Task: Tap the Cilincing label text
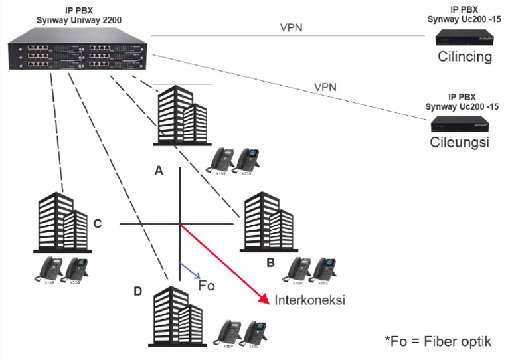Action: (464, 56)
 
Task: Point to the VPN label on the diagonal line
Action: (325, 87)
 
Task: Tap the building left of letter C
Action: (63, 221)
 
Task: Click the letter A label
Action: (159, 171)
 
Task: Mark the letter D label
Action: (137, 291)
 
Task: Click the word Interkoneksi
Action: (310, 300)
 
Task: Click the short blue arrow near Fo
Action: (189, 272)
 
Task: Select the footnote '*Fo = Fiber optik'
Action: (438, 341)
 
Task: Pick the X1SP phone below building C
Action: (48, 269)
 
